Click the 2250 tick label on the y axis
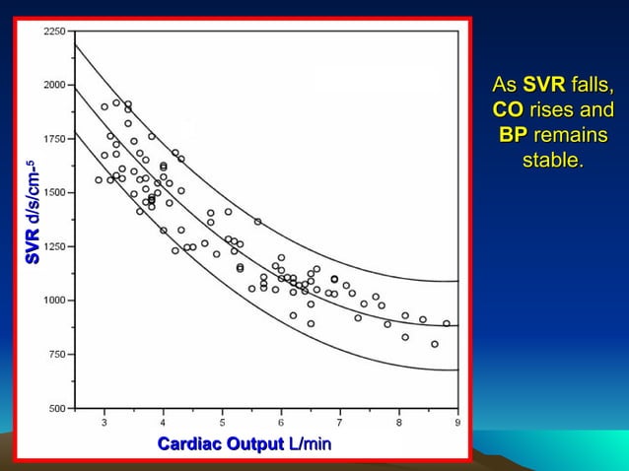click(55, 32)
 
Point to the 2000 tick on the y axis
click(55, 85)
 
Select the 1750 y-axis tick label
click(55, 139)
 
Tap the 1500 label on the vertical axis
click(55, 192)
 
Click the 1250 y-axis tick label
click(55, 246)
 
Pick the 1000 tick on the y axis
click(55, 301)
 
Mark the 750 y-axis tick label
click(58, 354)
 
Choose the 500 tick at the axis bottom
click(58, 407)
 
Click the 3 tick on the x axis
click(105, 422)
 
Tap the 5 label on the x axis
click(223, 422)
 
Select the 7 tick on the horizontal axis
click(340, 422)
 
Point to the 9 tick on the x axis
click(457, 422)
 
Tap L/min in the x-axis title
click(309, 445)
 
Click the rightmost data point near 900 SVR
click(446, 323)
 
